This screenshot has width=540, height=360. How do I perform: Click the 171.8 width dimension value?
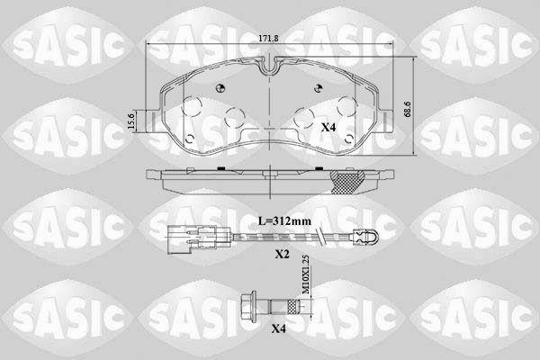(268, 39)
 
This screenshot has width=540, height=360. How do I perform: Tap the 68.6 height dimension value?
(408, 110)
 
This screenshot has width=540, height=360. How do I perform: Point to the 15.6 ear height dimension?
(130, 121)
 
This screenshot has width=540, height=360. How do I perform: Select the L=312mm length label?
(284, 220)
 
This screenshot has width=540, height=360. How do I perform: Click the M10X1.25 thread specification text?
(305, 274)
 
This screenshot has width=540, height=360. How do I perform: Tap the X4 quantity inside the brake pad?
(328, 128)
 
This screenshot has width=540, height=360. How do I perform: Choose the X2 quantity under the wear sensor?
(282, 254)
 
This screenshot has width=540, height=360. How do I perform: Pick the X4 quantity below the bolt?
(279, 328)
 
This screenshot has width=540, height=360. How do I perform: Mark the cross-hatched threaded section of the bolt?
(292, 305)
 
